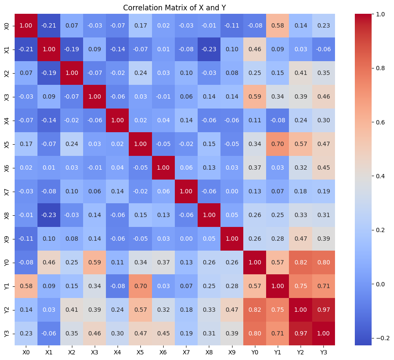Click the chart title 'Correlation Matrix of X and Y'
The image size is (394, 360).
coord(174,7)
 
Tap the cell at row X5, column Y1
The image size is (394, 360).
coord(277,144)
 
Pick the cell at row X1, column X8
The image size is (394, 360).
coord(209,49)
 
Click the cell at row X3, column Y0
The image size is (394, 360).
coord(254,96)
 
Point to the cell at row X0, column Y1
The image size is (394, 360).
coord(277,25)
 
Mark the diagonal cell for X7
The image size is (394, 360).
coord(186,191)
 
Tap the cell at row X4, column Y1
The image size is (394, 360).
coord(277,120)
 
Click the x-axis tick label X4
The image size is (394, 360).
coord(118,352)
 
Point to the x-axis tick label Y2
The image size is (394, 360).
coord(300,352)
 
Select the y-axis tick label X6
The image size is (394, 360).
coord(6,168)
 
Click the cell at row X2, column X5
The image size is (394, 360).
coord(140,73)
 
